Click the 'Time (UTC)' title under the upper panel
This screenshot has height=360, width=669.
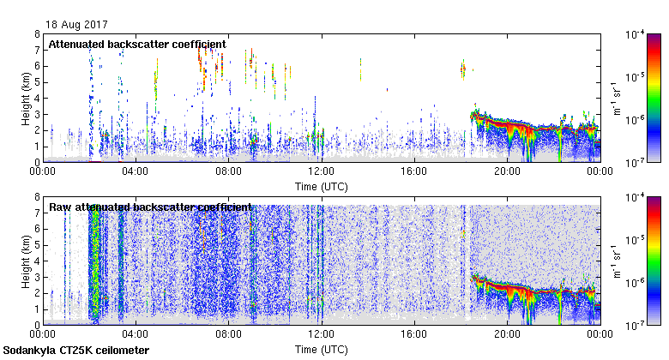pos(322,185)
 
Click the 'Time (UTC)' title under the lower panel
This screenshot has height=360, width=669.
pos(322,349)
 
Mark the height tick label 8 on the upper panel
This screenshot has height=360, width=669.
pos(37,34)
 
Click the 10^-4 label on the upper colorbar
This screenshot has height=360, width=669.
pos(636,35)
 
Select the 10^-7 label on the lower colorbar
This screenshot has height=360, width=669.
pos(636,325)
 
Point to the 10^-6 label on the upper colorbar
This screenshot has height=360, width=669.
pos(636,120)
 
